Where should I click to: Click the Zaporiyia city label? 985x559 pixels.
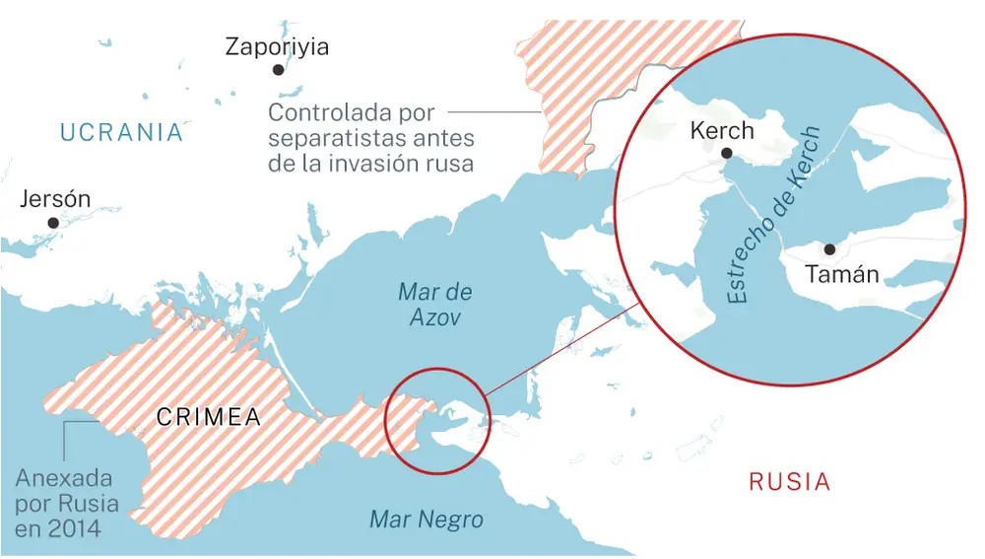277,46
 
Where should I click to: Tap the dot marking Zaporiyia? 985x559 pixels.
279,70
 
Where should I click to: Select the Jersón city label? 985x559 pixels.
55,199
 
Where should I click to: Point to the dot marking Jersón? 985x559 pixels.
53,223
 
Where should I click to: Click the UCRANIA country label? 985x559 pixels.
121,132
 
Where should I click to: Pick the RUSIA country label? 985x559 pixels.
789,482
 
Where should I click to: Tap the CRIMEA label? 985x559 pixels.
209,417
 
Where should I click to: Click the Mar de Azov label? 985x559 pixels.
434,305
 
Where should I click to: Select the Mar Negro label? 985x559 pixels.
427,520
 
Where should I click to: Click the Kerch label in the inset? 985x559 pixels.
722,130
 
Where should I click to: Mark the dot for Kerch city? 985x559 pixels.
726,153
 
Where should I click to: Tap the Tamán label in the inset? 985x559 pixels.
842,275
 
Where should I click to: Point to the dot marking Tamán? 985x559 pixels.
829,250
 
